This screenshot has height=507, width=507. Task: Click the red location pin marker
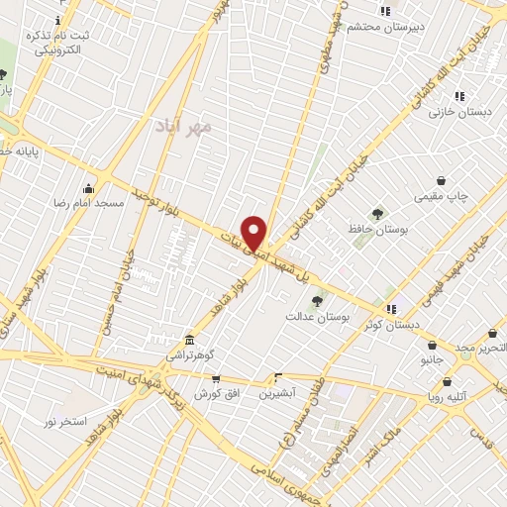[x=254, y=232]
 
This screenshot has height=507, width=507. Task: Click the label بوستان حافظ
[x=365, y=229]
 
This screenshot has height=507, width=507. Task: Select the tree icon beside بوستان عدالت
[x=317, y=301]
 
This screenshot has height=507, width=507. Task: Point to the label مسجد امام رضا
[x=90, y=203]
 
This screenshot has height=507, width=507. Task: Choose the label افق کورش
[x=214, y=393]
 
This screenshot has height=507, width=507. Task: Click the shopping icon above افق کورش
[x=215, y=378]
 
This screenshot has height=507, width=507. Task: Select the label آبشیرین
[x=277, y=393]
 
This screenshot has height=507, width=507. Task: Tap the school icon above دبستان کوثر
[x=391, y=309]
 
